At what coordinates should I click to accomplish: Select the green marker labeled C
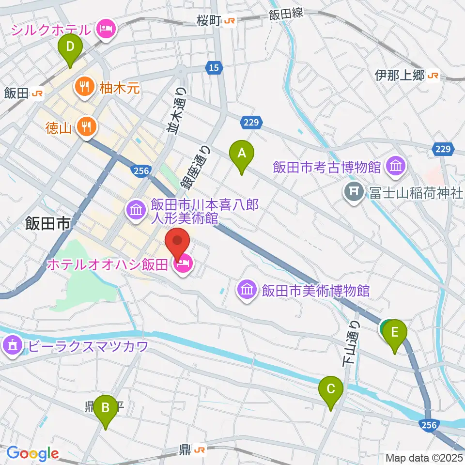(331, 390)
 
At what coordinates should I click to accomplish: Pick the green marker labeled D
(70, 48)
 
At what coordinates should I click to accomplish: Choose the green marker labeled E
(395, 334)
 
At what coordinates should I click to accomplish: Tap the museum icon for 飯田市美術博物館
(246, 290)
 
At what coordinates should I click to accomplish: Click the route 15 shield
(214, 67)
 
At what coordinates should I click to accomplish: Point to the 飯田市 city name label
(48, 224)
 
